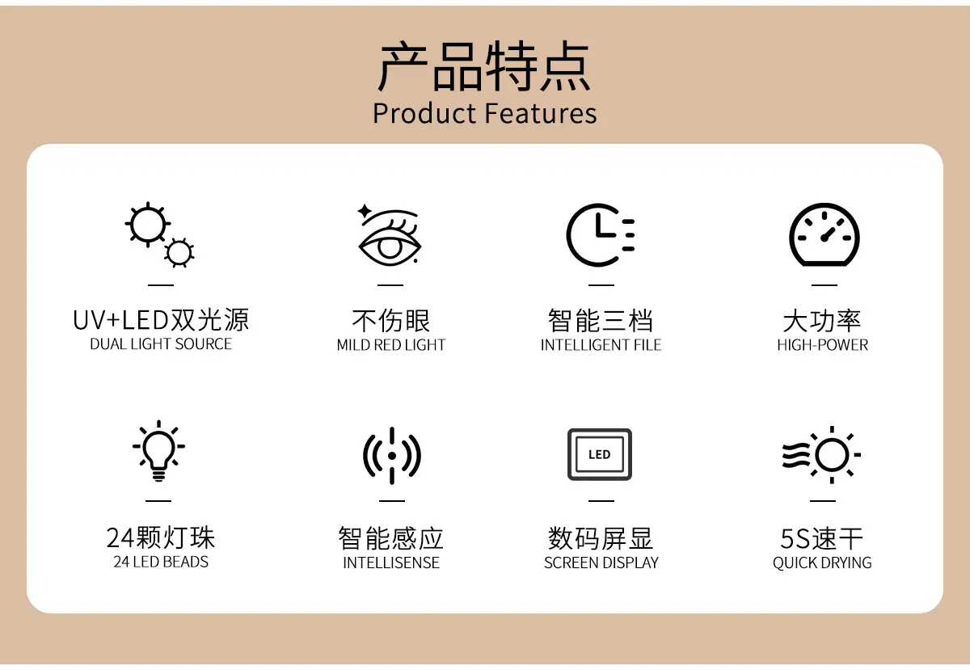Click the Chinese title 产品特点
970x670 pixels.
484,66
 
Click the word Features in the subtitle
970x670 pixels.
541,113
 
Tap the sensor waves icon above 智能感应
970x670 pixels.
392,456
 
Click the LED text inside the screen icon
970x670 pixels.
599,454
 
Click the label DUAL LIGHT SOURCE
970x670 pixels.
161,343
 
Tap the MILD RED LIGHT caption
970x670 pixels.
391,345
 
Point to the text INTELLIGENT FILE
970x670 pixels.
601,345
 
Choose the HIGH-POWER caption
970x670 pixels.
823,345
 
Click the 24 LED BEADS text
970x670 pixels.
161,562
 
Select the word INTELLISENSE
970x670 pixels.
391,563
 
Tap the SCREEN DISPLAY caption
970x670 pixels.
601,563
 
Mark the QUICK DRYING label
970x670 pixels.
822,563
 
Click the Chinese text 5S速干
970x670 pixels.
822,538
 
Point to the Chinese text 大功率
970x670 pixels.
822,321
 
